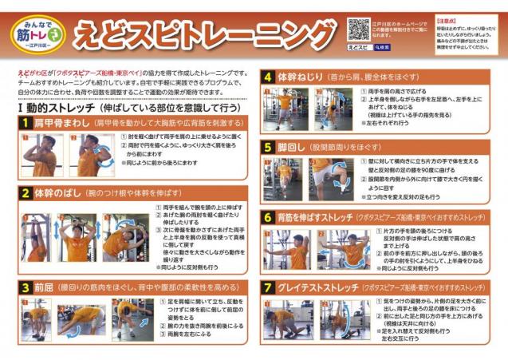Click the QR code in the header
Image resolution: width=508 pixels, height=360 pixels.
tap(358, 30)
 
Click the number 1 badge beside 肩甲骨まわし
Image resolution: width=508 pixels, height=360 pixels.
tap(26, 123)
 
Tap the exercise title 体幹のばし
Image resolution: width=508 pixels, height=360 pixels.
tap(57, 193)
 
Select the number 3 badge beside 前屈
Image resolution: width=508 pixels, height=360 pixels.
tap(26, 285)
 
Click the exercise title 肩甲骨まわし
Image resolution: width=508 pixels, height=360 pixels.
tap(63, 123)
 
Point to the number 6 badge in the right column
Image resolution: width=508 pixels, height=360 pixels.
tap(268, 216)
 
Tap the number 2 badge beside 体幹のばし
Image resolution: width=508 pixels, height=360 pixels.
tap(26, 193)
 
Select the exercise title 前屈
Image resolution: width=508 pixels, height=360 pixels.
tap(45, 285)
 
